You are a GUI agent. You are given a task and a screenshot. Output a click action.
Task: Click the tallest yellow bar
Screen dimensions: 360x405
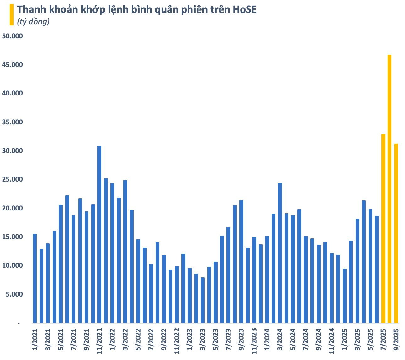(390, 188)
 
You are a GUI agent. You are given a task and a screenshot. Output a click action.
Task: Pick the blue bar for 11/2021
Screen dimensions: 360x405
(99, 234)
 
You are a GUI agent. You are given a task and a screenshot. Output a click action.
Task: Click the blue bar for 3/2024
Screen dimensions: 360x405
(280, 253)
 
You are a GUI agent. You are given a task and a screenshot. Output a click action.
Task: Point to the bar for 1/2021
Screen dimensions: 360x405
(35, 278)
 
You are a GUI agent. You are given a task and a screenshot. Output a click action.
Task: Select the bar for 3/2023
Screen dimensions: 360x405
(203, 300)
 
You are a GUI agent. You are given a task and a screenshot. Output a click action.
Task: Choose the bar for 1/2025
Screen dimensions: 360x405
(344, 296)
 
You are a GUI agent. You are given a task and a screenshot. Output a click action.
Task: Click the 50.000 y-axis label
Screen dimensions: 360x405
(13, 36)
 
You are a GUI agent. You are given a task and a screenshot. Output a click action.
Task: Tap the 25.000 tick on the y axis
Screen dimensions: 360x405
(13, 180)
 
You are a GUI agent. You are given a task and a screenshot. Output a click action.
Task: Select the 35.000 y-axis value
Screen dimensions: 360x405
(13, 122)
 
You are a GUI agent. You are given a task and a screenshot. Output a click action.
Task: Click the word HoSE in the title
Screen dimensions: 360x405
(245, 9)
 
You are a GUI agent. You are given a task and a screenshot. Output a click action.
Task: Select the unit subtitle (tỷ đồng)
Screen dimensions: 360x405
(33, 22)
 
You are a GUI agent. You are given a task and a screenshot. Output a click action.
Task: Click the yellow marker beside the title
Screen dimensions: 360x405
(12, 14)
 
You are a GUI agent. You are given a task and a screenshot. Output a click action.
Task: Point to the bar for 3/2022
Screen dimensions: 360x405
(125, 251)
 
